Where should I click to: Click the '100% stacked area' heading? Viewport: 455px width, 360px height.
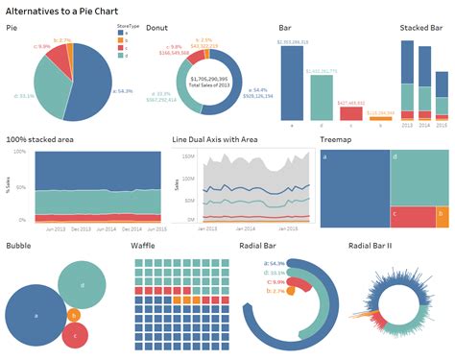pos(39,139)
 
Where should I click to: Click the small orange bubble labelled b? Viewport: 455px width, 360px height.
pos(74,314)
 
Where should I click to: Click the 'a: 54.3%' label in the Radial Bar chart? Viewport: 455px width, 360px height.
pos(251,261)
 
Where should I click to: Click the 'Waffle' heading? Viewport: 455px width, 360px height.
pos(145,246)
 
